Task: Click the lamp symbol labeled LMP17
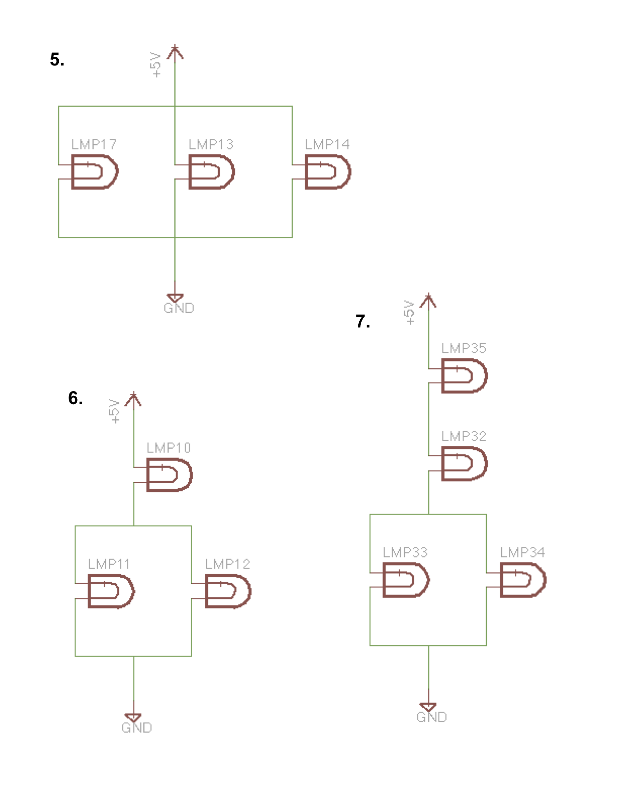pyautogui.click(x=94, y=172)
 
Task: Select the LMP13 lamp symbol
pyautogui.click(x=211, y=172)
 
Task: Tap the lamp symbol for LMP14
pyautogui.click(x=328, y=172)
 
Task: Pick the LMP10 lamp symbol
pyautogui.click(x=169, y=475)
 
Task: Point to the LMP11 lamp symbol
pyautogui.click(x=111, y=591)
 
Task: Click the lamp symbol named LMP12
pyautogui.click(x=228, y=591)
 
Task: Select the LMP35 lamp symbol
pyautogui.click(x=464, y=376)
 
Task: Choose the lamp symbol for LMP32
pyautogui.click(x=464, y=463)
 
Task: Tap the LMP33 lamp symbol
pyautogui.click(x=406, y=580)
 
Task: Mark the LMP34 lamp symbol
pyautogui.click(x=523, y=580)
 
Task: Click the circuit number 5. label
pyautogui.click(x=57, y=60)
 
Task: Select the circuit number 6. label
pyautogui.click(x=75, y=398)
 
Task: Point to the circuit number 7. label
pyautogui.click(x=363, y=321)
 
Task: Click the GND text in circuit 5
pyautogui.click(x=179, y=309)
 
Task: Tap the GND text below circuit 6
pyautogui.click(x=136, y=728)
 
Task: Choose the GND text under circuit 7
pyautogui.click(x=432, y=717)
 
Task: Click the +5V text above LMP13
pyautogui.click(x=155, y=65)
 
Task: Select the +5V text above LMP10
pyautogui.click(x=114, y=411)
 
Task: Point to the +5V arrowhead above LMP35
pyautogui.click(x=428, y=300)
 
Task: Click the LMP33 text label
pyautogui.click(x=405, y=553)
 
